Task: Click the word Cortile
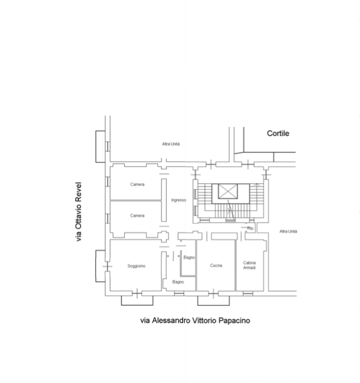pyautogui.click(x=278, y=133)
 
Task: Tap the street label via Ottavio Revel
pyautogui.click(x=79, y=212)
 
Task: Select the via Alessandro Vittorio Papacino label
pyautogui.click(x=195, y=320)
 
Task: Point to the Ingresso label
pyautogui.click(x=179, y=200)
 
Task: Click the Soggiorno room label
pyautogui.click(x=136, y=266)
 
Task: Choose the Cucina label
pyautogui.click(x=216, y=265)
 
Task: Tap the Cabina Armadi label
pyautogui.click(x=249, y=265)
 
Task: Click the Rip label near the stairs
pyautogui.click(x=250, y=229)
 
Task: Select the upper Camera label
pyautogui.click(x=137, y=185)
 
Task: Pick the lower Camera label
pyautogui.click(x=137, y=216)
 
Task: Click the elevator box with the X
pyautogui.click(x=227, y=191)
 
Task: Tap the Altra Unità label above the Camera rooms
pyautogui.click(x=171, y=144)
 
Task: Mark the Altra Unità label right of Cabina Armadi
pyautogui.click(x=288, y=231)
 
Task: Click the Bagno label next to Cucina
pyautogui.click(x=189, y=258)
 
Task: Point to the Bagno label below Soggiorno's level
pyautogui.click(x=178, y=282)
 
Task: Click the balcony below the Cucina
pyautogui.click(x=210, y=300)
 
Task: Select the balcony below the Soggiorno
pyautogui.click(x=134, y=300)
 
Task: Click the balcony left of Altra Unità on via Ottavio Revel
pyautogui.click(x=100, y=146)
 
